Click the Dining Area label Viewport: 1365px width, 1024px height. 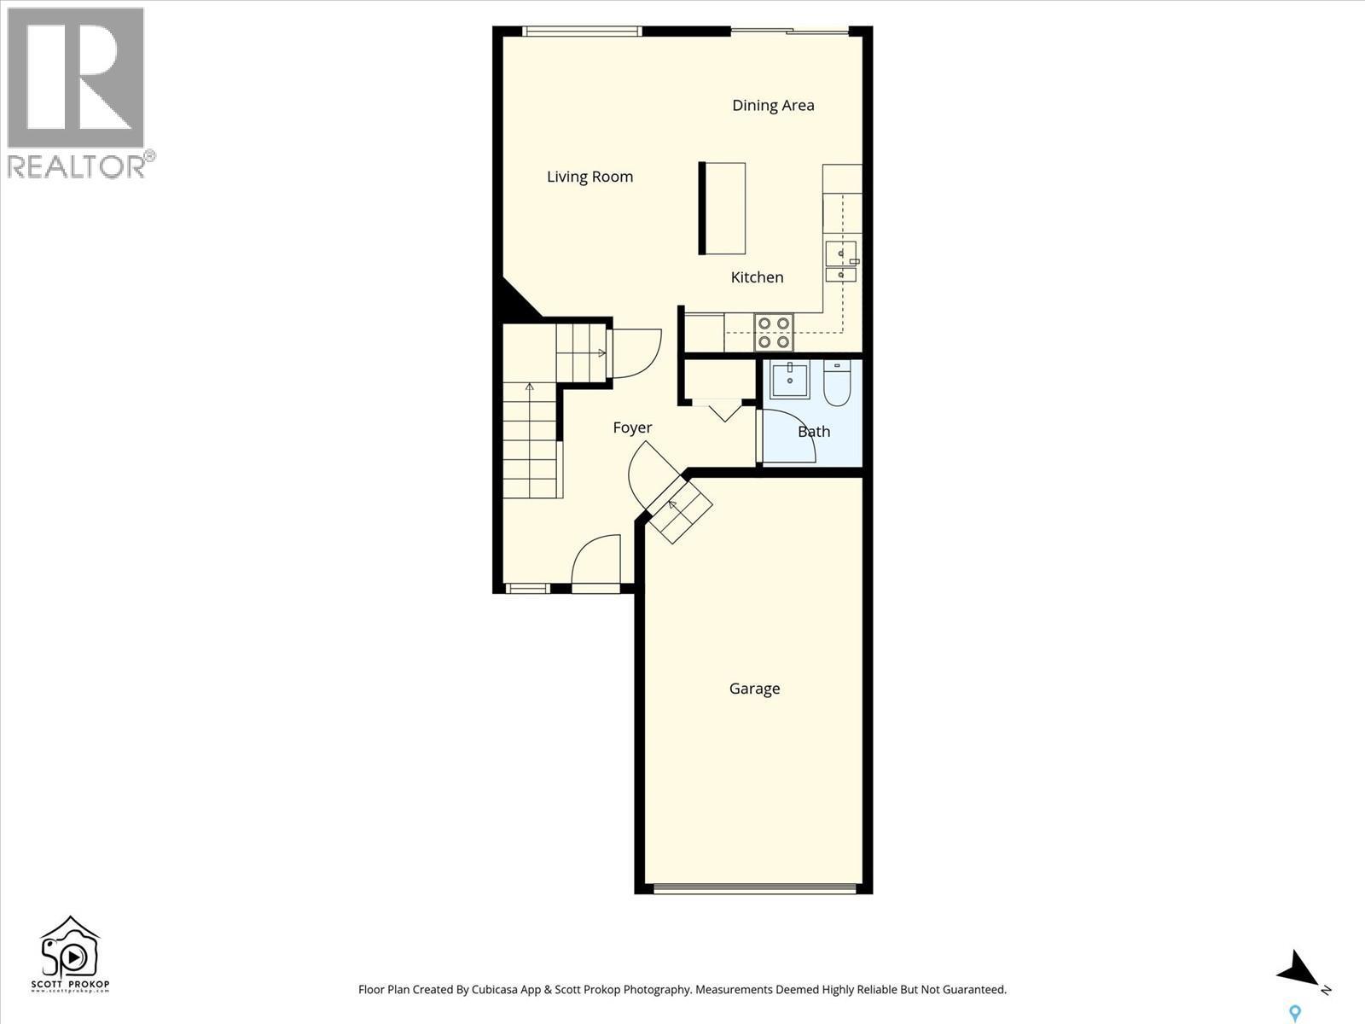click(773, 105)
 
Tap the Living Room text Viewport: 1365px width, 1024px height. click(590, 177)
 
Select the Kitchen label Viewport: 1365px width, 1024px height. click(757, 277)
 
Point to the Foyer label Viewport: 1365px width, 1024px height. click(632, 428)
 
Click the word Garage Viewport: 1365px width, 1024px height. click(754, 689)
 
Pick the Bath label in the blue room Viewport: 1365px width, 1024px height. click(813, 432)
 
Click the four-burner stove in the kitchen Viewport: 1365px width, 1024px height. click(774, 332)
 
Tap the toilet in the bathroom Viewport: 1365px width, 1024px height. click(837, 384)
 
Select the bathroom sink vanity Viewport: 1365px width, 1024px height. click(790, 380)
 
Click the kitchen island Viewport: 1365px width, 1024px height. click(723, 208)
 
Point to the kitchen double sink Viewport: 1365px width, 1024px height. click(841, 262)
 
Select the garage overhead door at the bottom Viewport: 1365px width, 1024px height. click(754, 889)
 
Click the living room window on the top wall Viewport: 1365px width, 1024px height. click(581, 32)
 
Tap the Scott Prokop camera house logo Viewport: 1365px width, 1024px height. click(70, 954)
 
